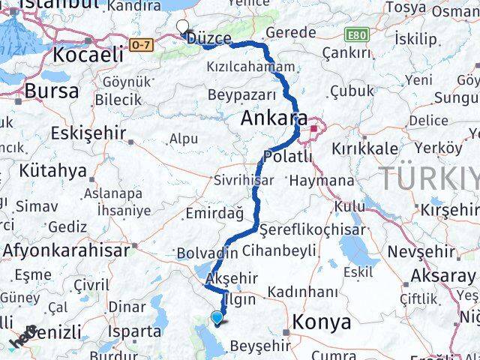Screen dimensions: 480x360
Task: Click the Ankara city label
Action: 273,119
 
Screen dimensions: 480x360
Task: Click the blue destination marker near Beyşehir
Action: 217,318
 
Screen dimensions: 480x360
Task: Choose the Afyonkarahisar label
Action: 66,250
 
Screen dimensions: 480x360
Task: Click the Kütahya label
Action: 52,171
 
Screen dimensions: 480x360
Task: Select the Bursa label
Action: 51,91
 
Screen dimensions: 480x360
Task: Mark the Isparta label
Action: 134,330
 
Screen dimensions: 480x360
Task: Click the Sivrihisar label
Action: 244,181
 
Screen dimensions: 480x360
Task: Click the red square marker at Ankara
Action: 313,118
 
